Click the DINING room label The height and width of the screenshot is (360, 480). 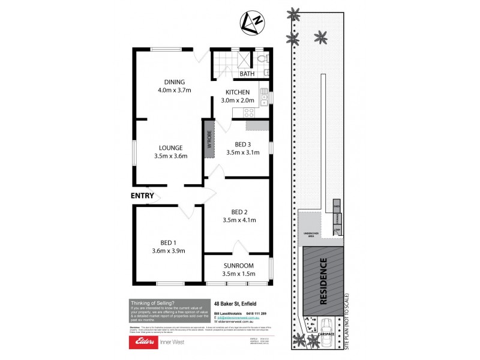(175, 82)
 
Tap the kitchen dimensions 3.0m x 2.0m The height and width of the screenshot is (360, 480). (237, 101)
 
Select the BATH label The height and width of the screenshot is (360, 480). (247, 74)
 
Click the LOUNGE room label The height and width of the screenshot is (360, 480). (170, 147)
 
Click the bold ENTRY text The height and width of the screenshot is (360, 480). (142, 196)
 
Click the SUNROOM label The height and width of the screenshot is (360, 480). (239, 265)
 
